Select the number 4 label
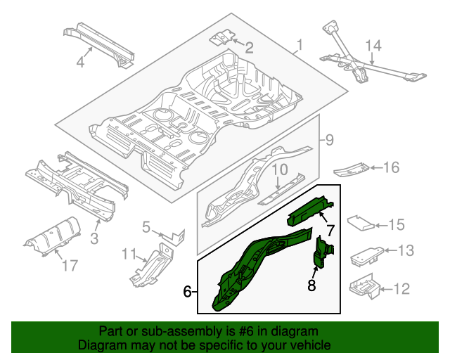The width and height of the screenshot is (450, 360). [80, 62]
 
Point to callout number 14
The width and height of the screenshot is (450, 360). [373, 46]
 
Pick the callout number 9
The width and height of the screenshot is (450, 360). [328, 140]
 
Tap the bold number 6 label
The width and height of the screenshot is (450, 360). [188, 291]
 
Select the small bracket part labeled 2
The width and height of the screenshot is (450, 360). [223, 37]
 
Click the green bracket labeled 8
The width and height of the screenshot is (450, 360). [323, 255]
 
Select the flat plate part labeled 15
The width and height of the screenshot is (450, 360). [362, 223]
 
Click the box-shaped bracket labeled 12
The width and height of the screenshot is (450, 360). [364, 288]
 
